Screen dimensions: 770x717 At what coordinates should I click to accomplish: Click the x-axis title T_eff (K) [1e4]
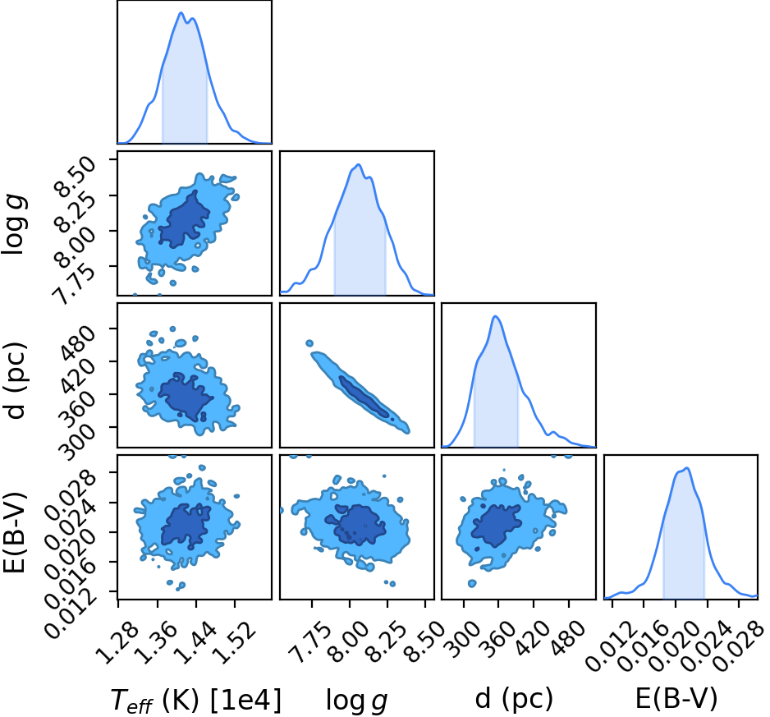coord(196,700)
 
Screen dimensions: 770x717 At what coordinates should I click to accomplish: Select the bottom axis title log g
coord(357,701)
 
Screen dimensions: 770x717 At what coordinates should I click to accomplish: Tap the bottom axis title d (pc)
coord(514,699)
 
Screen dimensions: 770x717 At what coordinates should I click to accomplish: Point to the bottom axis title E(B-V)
coord(676,699)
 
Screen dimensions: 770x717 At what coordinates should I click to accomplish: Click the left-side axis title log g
coord(14,224)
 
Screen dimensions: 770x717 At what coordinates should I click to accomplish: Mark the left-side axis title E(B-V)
coord(14,532)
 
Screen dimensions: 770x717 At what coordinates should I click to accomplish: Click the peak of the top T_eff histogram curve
coord(181,13)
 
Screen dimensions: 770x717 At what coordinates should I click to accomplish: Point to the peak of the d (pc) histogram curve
coord(496,316)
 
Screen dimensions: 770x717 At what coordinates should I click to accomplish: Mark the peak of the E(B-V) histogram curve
coord(687,468)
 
